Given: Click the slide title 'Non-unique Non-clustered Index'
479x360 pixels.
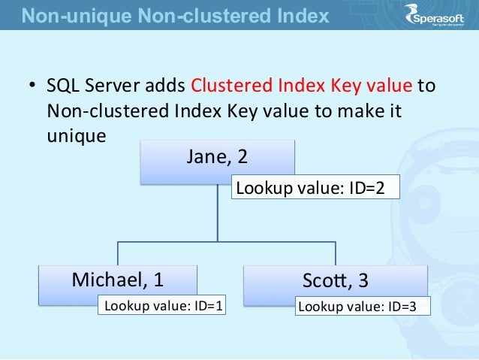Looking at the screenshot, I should (174, 14).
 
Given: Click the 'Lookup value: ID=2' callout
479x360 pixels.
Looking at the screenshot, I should (315, 188).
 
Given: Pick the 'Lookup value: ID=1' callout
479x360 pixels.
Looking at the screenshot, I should (164, 306).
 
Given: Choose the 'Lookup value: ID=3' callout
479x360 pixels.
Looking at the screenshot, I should (357, 306).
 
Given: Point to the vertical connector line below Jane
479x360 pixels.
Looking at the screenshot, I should (217, 218).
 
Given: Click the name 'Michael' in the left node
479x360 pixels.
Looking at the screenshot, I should (102, 280).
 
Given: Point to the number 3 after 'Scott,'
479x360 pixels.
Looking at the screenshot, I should (363, 280).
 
